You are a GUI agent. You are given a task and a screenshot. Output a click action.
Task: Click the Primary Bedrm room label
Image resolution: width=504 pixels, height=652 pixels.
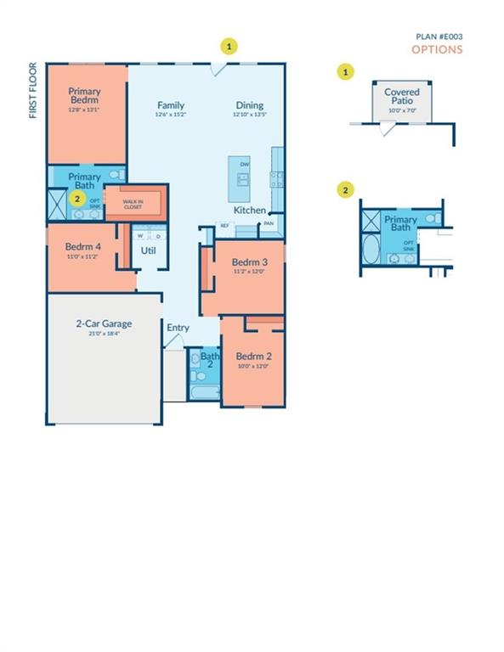pos(85,96)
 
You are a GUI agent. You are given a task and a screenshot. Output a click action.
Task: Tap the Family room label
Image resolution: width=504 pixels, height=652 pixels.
pos(170,106)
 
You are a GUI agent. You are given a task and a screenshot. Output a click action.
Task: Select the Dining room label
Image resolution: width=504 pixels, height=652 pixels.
pos(250,106)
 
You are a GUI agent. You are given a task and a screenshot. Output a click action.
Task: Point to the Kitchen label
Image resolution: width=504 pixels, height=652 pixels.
pos(250,210)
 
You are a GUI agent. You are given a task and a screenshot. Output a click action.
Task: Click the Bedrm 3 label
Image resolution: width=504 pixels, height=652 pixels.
pos(250,262)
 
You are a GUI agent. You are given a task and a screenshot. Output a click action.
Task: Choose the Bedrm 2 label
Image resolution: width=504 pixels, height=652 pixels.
pos(252,357)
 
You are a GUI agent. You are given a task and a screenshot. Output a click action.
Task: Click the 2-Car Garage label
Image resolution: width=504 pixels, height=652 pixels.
pos(104,323)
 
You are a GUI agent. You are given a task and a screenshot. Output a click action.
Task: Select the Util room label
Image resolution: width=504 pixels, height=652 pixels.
pos(148,251)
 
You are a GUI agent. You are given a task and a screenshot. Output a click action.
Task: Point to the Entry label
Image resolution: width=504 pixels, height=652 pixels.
pos(178,328)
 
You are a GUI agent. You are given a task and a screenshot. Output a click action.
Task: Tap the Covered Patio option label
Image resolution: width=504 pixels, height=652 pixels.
pos(402,97)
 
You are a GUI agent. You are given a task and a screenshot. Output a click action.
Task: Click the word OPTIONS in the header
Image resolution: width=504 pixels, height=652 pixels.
pos(437,49)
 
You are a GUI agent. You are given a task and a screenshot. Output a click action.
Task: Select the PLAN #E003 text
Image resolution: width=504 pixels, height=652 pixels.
pos(439,37)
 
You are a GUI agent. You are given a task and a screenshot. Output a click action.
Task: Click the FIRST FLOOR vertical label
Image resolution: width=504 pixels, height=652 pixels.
pos(34,90)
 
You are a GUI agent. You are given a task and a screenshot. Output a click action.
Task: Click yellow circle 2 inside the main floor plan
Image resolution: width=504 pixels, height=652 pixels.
pos(77,199)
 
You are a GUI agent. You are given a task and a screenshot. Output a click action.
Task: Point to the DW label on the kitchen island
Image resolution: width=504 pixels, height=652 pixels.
pos(245,164)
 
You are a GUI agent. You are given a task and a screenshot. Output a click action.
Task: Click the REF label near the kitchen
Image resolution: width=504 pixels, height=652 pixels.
pos(225,225)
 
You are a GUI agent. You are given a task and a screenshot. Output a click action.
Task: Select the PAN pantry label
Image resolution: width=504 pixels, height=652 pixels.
pos(269,224)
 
